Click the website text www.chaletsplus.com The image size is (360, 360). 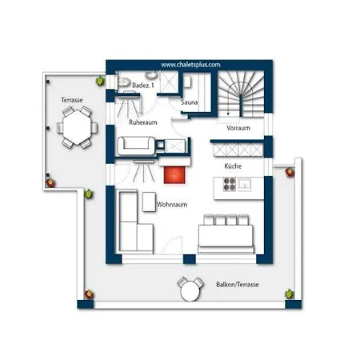(190, 65)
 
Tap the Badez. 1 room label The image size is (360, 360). (143, 86)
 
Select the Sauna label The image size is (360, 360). (189, 102)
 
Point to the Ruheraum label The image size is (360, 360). (143, 122)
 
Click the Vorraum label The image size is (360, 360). (238, 128)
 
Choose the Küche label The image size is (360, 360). (233, 166)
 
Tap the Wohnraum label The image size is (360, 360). (172, 205)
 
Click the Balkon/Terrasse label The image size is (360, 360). (238, 285)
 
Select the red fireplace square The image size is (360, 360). (174, 175)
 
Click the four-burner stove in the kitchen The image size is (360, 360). (230, 184)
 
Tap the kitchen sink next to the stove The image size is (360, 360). (245, 184)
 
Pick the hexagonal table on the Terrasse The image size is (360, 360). (77, 127)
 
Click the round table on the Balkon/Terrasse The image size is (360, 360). (190, 291)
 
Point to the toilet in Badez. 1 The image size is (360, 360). (122, 82)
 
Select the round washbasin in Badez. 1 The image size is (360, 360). (151, 75)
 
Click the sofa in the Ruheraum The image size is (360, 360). (136, 146)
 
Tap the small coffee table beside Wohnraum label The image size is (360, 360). (149, 202)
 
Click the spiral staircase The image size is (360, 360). (241, 94)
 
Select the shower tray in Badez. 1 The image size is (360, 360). (169, 82)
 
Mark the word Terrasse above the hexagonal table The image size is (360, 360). (72, 100)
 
